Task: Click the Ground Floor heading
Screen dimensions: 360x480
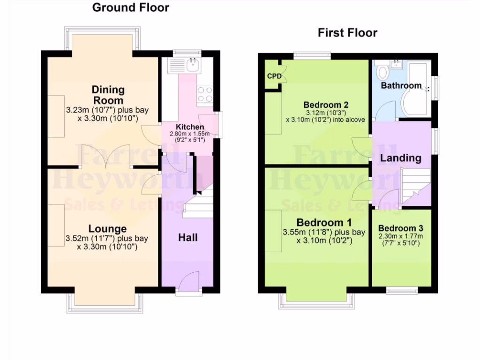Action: (x=130, y=7)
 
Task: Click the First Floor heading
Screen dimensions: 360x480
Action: (x=347, y=33)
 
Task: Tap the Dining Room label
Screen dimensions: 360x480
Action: (x=108, y=95)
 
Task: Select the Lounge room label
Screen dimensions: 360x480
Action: (x=108, y=229)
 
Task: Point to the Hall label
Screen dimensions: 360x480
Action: (x=187, y=238)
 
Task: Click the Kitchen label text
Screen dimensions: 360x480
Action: (x=189, y=127)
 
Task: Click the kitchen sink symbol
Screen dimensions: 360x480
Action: (x=193, y=65)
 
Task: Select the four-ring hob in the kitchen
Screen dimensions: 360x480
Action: (x=205, y=94)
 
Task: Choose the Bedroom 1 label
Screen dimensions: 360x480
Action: (x=324, y=222)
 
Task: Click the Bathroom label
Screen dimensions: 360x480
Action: (x=401, y=86)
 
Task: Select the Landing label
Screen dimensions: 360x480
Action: (x=400, y=158)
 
